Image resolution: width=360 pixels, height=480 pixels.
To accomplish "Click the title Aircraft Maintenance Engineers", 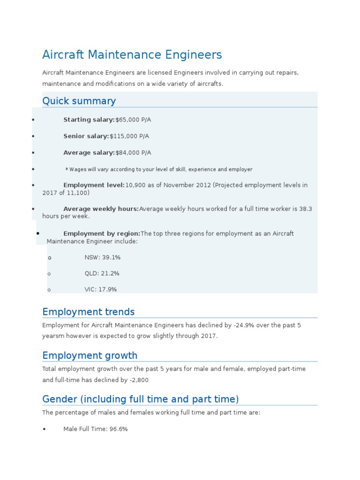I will [x=132, y=55].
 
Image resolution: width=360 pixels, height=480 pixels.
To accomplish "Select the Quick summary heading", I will [x=79, y=101].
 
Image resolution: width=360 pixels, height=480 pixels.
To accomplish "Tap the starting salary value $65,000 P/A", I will [x=133, y=120].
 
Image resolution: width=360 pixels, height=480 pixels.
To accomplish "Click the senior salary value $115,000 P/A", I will [x=129, y=136].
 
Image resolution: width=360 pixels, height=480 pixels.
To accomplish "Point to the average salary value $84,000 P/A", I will [x=133, y=153].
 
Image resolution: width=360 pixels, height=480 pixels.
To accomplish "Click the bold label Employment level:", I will [x=94, y=185].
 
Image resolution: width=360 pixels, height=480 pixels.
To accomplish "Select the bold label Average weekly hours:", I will [x=101, y=209].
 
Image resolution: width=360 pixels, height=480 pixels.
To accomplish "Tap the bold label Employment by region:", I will [x=102, y=233].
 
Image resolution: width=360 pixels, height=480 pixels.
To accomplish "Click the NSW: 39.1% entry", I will [x=102, y=258].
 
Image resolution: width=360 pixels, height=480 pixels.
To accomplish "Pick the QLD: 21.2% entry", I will [x=102, y=274].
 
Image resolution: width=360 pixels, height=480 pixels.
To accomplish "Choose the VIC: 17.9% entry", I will [x=100, y=290].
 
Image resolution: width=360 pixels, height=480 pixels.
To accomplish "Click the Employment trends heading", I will [x=88, y=312].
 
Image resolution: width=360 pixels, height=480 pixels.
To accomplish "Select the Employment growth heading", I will [x=90, y=355].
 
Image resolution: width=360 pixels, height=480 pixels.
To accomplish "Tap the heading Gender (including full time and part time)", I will [x=140, y=399].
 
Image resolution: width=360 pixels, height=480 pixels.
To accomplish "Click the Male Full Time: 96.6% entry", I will [x=95, y=429].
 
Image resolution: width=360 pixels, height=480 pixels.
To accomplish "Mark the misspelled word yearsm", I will [x=53, y=337].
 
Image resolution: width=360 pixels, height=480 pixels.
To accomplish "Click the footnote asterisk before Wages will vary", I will [x=67, y=169].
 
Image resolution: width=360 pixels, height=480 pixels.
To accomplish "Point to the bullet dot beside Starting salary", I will [x=33, y=120].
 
